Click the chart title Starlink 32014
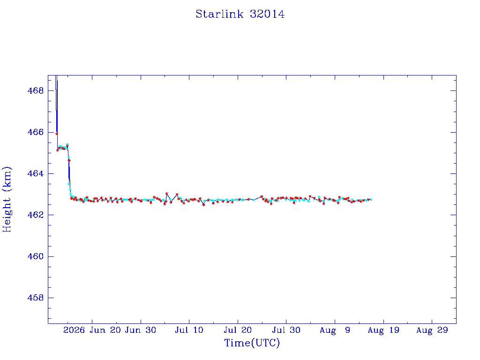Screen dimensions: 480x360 pos(240,14)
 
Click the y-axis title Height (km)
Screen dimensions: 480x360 pos(7,199)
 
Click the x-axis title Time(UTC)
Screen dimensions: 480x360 pos(252,343)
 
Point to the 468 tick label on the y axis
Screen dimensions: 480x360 pos(36,90)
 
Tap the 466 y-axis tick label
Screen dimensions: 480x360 pos(36,132)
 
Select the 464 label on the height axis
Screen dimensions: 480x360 pos(36,173)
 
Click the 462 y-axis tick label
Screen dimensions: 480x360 pos(36,215)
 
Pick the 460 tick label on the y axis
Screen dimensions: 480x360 pos(36,256)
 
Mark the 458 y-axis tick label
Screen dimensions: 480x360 pos(36,298)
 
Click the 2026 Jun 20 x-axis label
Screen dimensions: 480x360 pos(92,330)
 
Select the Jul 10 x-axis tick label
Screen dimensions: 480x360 pos(189,330)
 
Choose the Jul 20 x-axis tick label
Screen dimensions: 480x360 pos(238,330)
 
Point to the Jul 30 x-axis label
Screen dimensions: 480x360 pos(286,330)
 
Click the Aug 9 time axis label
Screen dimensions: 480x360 pos(335,330)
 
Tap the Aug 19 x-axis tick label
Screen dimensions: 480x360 pos(383,330)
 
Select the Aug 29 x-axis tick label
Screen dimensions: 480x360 pos(432,330)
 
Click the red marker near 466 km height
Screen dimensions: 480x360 pos(57,134)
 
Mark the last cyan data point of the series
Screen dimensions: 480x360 pos(371,200)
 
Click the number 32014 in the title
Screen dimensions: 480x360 pos(267,14)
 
